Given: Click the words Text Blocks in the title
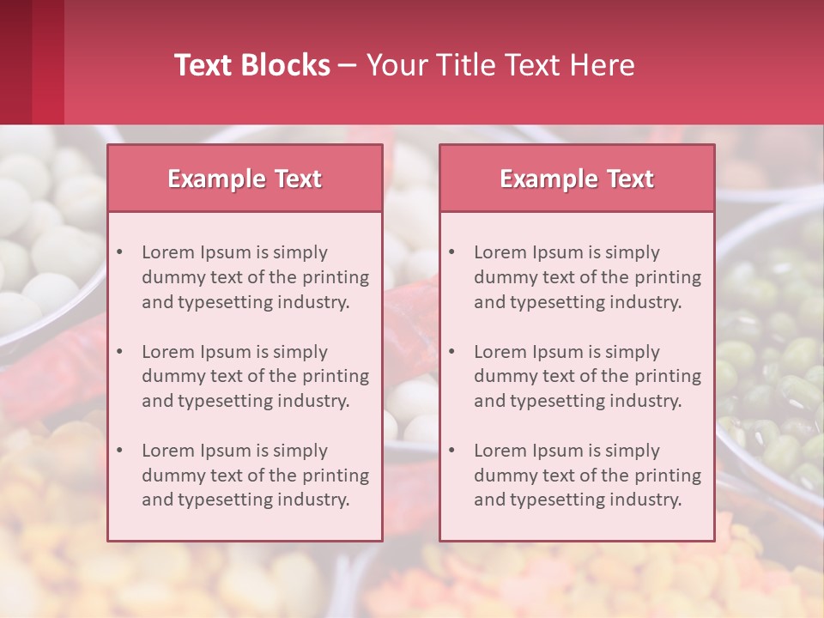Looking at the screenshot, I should (x=252, y=65).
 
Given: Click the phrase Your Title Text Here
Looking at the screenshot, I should (x=500, y=65).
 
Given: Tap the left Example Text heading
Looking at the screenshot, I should (x=245, y=179).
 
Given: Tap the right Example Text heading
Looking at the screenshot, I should (x=577, y=179).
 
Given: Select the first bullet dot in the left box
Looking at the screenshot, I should (x=119, y=252).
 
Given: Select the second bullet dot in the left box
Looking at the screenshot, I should (x=119, y=352).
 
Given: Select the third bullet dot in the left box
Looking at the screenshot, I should (x=119, y=451).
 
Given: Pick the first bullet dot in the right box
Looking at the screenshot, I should (x=451, y=252).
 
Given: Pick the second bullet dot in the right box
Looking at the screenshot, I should (x=451, y=352).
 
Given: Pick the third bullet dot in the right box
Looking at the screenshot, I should (x=451, y=451).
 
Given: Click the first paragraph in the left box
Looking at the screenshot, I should (x=255, y=277).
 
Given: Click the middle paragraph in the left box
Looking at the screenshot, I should (x=255, y=376).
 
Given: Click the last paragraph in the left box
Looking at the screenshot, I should (x=255, y=476).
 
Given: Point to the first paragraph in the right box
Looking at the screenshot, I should (x=587, y=277).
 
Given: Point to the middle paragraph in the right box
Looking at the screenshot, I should (x=587, y=376).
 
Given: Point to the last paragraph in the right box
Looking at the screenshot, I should (x=587, y=476).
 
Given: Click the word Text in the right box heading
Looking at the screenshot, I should (x=631, y=179).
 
